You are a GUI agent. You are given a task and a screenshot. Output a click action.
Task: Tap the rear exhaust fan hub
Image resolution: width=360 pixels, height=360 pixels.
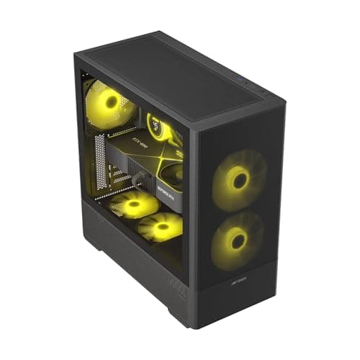[x=110, y=102]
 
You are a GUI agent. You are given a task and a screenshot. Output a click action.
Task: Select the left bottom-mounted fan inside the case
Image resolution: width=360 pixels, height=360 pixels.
[x=133, y=206]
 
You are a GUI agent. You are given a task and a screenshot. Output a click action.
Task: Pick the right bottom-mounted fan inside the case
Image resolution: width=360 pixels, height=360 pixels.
[x=163, y=228]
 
